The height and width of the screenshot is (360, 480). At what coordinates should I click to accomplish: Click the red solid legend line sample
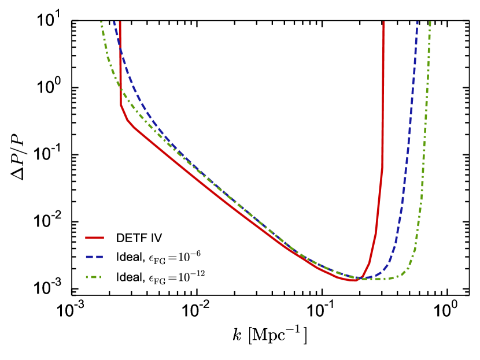(94, 237)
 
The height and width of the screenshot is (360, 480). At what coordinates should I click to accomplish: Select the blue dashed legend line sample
(94, 257)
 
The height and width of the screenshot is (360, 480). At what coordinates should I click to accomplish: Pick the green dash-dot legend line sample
(94, 277)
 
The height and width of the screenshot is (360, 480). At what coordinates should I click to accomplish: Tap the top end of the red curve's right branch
(383, 23)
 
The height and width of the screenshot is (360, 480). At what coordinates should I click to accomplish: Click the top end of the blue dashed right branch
(417, 23)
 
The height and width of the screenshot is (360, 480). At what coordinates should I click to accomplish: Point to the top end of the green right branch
(430, 23)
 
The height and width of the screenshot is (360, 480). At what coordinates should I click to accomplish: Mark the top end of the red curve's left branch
(120, 23)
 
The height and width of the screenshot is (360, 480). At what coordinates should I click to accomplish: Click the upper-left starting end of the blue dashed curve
(114, 23)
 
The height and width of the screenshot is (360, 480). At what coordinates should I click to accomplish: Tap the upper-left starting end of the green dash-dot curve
(101, 23)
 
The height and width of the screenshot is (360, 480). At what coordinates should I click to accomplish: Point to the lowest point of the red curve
(354, 280)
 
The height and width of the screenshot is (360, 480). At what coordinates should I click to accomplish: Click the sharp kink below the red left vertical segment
(121, 106)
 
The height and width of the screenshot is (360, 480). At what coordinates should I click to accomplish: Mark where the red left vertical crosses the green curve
(120, 87)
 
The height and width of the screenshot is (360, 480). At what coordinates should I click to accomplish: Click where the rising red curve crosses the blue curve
(362, 277)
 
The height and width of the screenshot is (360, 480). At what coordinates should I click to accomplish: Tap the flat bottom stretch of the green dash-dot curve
(379, 279)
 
